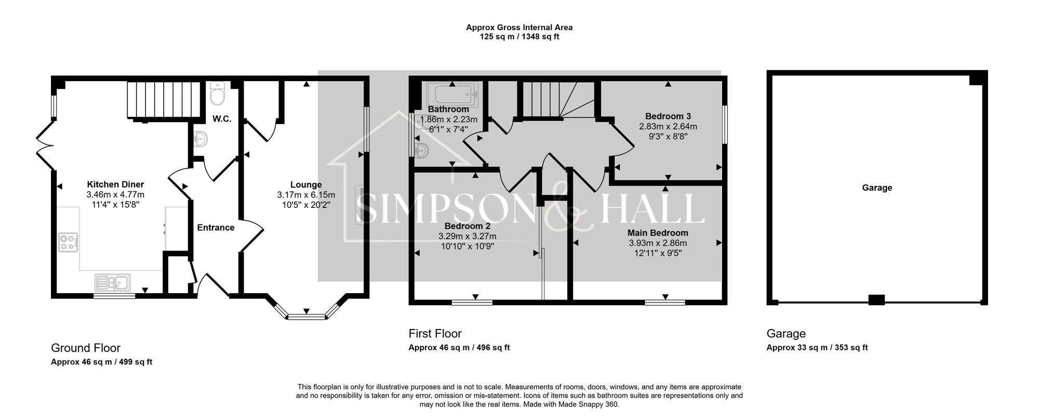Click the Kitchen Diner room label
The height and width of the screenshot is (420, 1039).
tap(115, 185)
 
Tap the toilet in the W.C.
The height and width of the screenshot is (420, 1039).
tap(217, 94)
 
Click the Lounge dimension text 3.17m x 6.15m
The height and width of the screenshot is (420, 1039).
tap(305, 195)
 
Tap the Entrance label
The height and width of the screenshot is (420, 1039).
tap(216, 228)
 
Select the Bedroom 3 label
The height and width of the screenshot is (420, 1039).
tap(668, 116)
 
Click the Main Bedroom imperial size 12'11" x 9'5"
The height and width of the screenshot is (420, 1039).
tap(658, 253)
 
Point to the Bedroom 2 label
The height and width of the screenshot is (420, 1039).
tap(467, 227)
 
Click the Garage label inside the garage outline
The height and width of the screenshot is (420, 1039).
tap(877, 188)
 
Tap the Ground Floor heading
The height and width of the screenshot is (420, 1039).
tap(86, 348)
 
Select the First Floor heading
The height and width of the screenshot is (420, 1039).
tap(435, 334)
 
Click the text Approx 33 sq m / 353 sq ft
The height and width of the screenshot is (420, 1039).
tap(817, 348)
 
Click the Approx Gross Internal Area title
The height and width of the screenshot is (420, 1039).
tap(519, 28)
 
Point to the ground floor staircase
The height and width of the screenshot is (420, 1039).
tap(164, 100)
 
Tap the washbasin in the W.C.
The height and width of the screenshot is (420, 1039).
tap(200, 140)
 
